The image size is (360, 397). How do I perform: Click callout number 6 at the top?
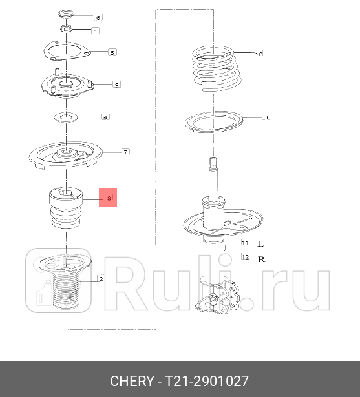coord(98,17)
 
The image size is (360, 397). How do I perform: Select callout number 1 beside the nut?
coord(96,31)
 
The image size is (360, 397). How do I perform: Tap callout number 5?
coord(112,52)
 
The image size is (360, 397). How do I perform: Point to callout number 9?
coord(116,85)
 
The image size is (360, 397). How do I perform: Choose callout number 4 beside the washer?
coord(105,117)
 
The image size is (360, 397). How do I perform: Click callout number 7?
coord(126,152)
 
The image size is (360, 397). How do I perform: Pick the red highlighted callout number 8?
coord(109,198)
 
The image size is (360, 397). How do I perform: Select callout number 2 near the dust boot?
coord(101,279)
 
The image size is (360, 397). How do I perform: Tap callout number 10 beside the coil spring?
coord(259,54)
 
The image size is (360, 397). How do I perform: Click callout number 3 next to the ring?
coord(265,117)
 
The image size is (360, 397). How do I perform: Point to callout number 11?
coord(245,243)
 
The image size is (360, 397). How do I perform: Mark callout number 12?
coord(245,257)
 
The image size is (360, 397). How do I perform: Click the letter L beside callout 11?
coord(260,244)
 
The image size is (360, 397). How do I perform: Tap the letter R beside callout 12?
coord(260,259)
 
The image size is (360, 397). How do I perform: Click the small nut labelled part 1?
coord(66,28)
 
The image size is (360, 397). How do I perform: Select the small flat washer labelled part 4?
coord(65,117)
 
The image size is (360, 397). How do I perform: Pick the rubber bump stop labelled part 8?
coord(66,208)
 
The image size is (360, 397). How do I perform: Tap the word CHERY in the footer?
coord(132,380)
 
